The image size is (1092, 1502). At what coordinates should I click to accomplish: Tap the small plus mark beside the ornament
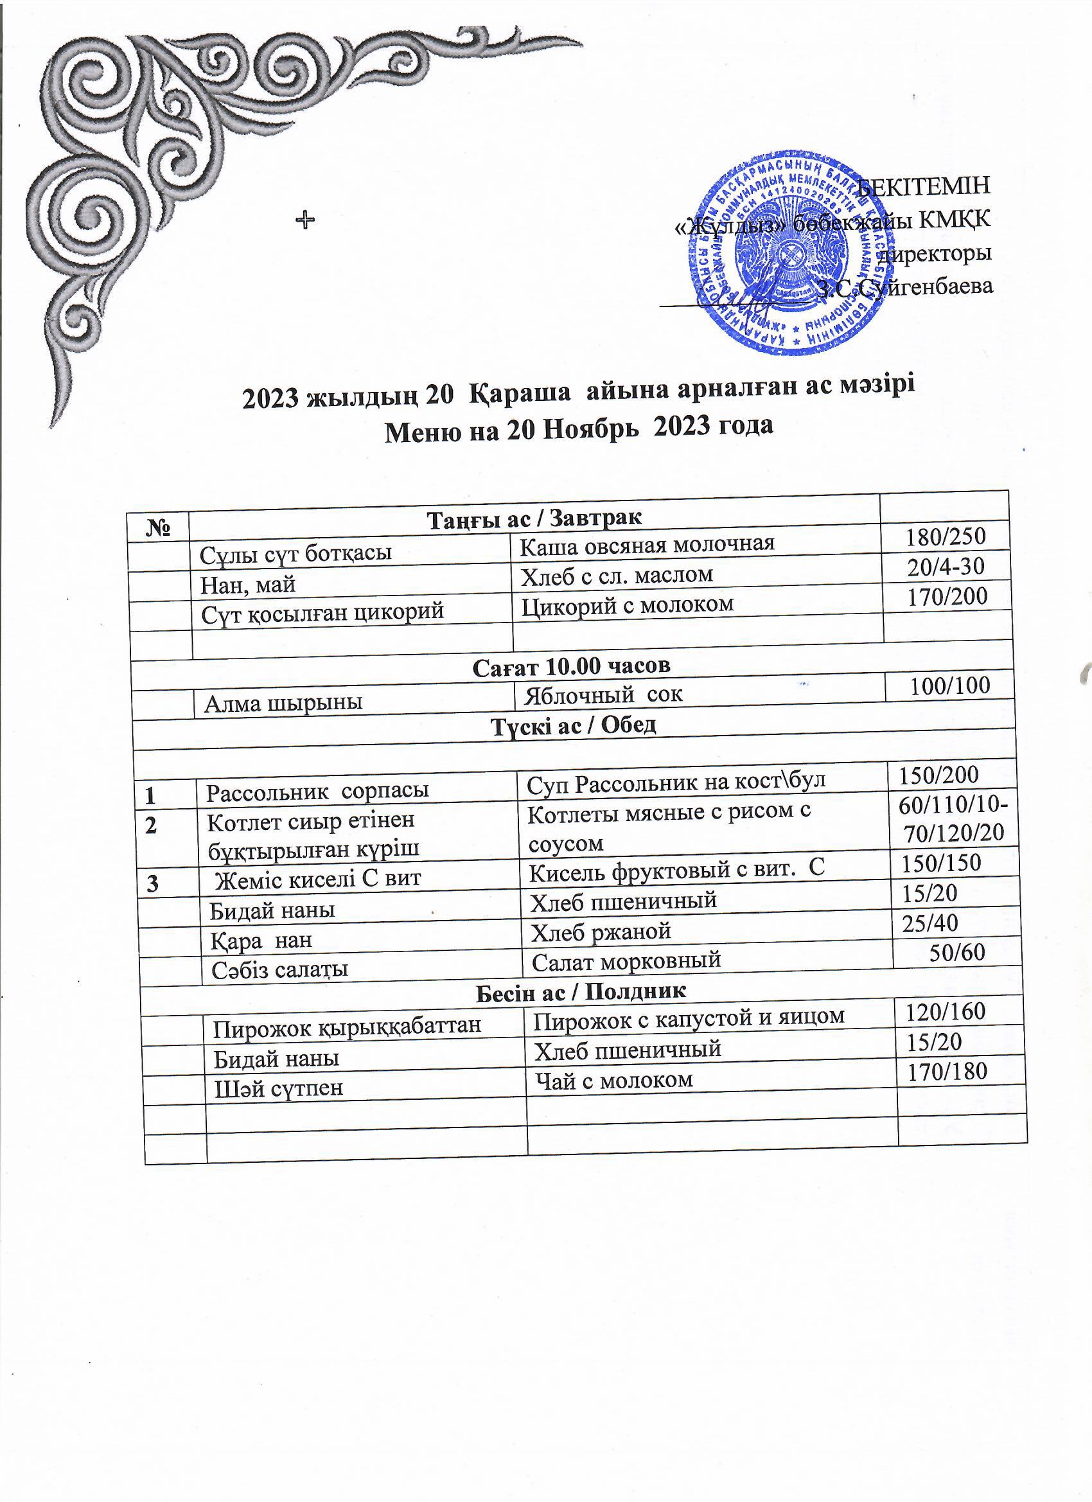point(304,219)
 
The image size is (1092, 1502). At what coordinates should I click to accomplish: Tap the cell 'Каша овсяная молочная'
point(647,544)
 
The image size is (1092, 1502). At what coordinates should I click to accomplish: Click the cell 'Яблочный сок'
point(603,694)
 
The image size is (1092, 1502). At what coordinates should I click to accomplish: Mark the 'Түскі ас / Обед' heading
point(573,725)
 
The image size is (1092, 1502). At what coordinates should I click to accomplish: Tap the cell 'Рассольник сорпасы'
point(317,790)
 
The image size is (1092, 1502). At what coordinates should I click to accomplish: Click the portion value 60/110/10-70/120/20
point(954,818)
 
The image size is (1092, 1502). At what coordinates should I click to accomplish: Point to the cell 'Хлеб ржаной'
point(601,932)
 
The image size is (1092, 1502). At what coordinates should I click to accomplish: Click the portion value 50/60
point(957,951)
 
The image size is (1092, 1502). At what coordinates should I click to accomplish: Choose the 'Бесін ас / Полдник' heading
point(581,991)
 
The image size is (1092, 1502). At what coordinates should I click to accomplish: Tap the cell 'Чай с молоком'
point(613,1080)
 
